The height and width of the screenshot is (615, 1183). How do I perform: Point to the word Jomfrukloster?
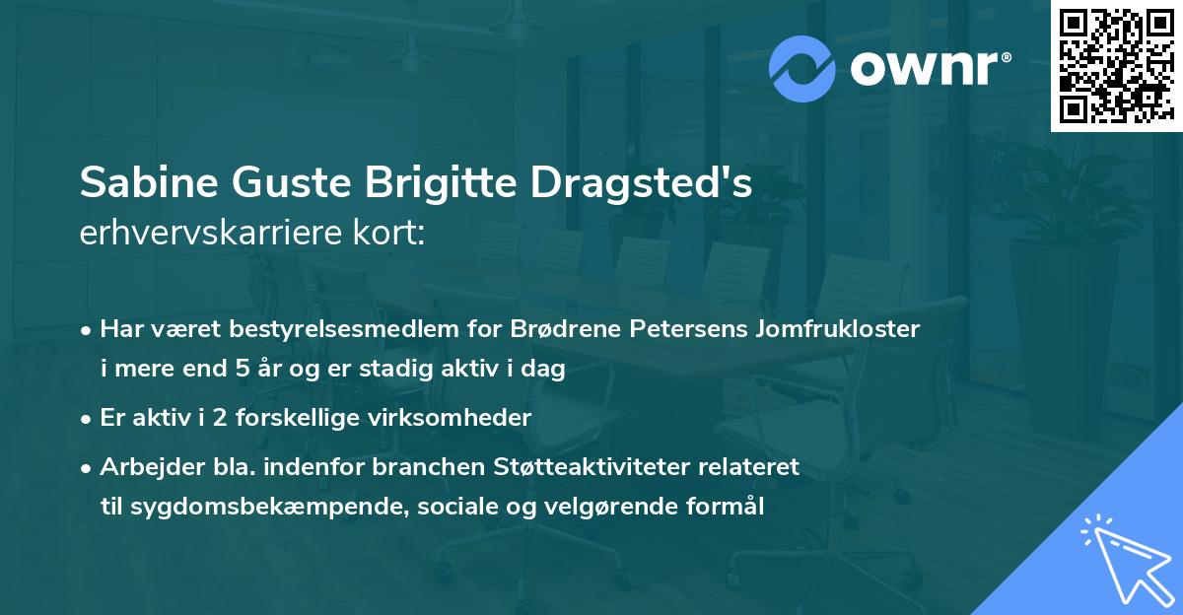tap(838, 329)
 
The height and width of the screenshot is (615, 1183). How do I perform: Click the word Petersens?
tap(690, 329)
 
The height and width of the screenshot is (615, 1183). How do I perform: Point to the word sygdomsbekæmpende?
tap(237, 508)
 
